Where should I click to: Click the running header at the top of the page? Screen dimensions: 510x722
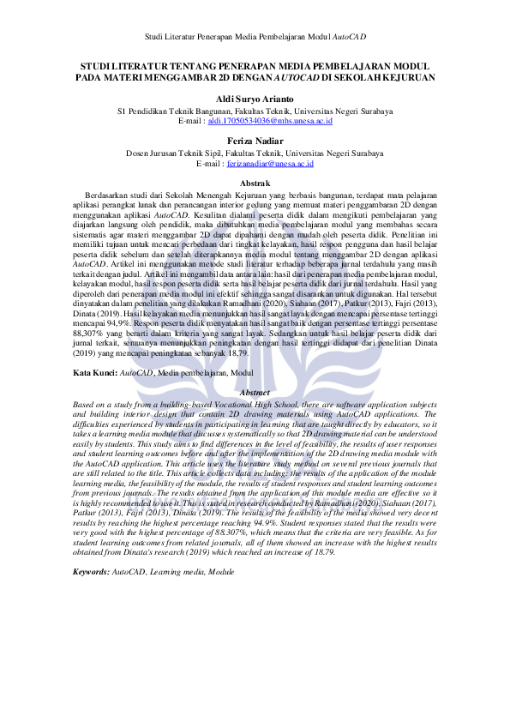click(255, 38)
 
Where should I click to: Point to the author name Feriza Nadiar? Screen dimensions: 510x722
click(255, 140)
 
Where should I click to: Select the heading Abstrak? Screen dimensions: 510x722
click(255, 184)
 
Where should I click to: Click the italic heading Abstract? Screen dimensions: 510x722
click(255, 392)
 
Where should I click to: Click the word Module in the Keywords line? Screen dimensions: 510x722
click(221, 570)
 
